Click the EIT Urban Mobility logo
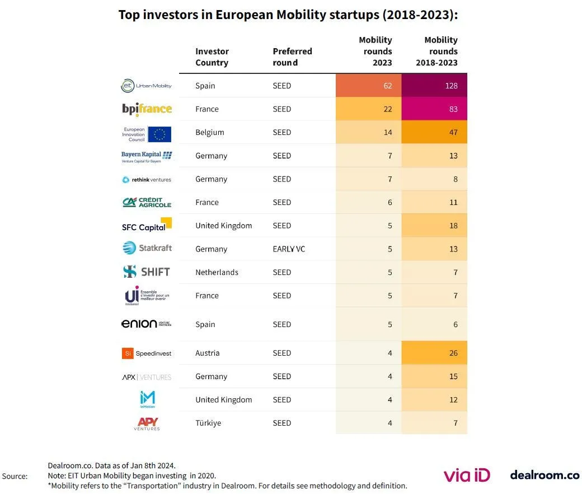pos(147,86)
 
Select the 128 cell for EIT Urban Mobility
pos(434,86)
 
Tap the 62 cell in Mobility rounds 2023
pos(368,86)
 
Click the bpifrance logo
pos(147,109)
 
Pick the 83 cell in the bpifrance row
pos(434,109)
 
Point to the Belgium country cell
pos(210,133)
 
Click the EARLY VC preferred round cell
pos(289,249)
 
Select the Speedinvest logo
pos(147,353)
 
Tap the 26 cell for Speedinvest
pos(434,353)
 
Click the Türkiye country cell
pos(208,423)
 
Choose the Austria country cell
pos(208,353)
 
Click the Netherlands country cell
pos(217,273)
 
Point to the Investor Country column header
pos(212,57)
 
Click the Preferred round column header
pos(292,57)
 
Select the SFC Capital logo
pos(147,226)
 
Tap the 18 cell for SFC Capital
pos(434,226)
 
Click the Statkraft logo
pos(147,248)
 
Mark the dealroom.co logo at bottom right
pos(545,475)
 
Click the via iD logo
pos(467,476)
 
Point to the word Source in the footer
pos(15,476)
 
